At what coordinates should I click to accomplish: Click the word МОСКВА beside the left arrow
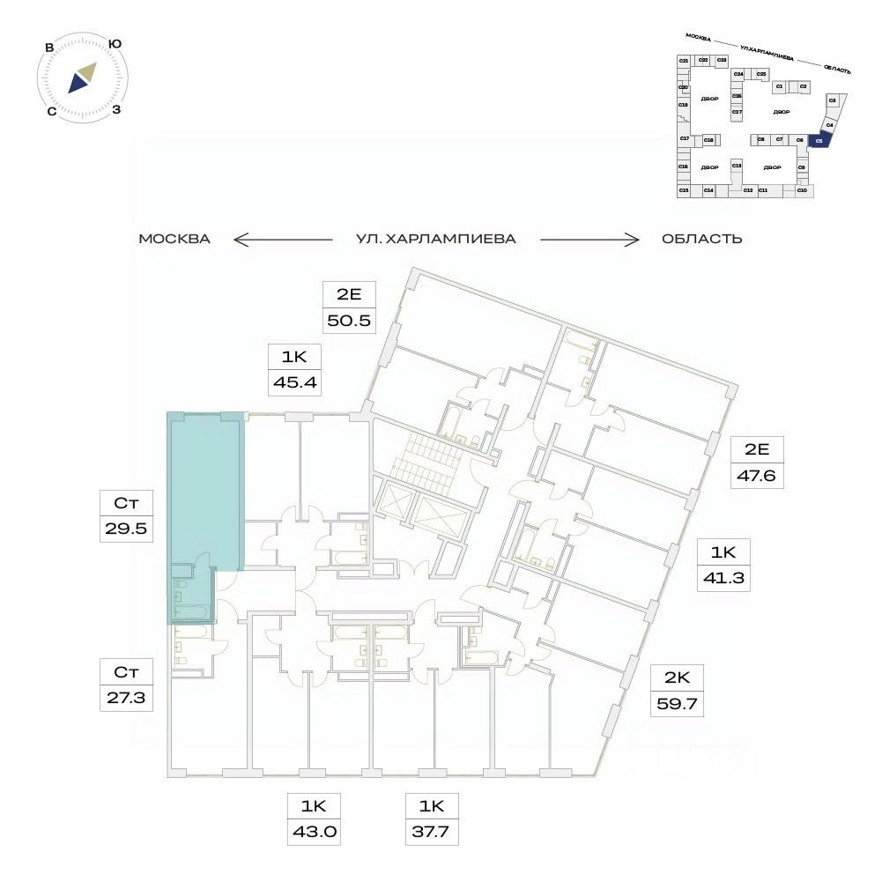pos(174,239)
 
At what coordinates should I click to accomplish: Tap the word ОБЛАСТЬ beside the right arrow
pos(701,239)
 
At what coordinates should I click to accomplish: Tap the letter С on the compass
pos(52,111)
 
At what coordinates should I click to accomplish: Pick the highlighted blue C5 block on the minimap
pos(819,140)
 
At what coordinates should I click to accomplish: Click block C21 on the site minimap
pos(683,60)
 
